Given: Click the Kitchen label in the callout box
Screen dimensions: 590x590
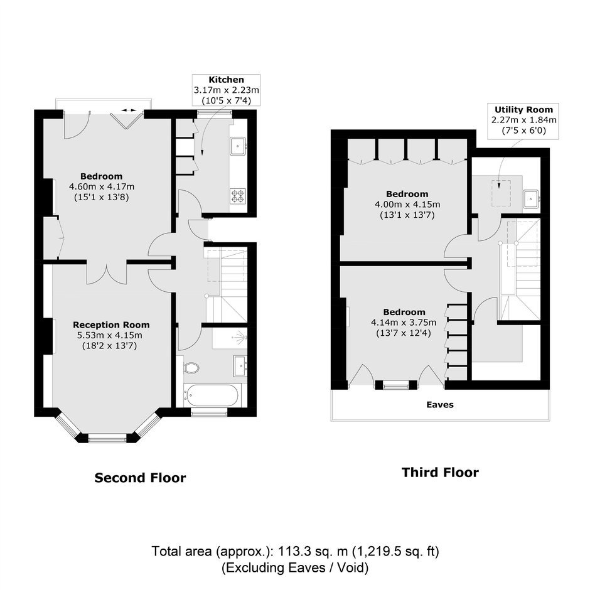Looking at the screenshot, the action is pyautogui.click(x=226, y=80).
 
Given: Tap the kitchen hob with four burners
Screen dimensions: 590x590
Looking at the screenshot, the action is pyautogui.click(x=238, y=196).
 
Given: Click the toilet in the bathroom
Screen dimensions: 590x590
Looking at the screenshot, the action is pyautogui.click(x=191, y=368).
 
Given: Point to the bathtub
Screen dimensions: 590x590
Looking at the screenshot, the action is pyautogui.click(x=212, y=395).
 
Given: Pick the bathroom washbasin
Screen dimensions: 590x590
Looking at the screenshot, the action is pyautogui.click(x=240, y=366).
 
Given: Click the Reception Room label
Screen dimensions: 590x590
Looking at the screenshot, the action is pyautogui.click(x=111, y=324).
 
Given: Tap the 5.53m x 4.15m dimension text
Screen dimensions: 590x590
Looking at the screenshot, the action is pyautogui.click(x=109, y=335).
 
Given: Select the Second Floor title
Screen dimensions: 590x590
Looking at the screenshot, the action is pyautogui.click(x=140, y=478).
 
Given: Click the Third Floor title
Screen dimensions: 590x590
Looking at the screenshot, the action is pyautogui.click(x=440, y=472).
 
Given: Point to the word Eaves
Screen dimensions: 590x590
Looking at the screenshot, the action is pyautogui.click(x=440, y=404).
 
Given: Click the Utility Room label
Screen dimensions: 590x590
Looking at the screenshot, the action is pyautogui.click(x=523, y=109).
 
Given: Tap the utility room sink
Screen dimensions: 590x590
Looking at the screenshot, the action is pyautogui.click(x=531, y=199).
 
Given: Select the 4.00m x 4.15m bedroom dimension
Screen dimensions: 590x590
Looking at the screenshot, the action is pyautogui.click(x=407, y=205).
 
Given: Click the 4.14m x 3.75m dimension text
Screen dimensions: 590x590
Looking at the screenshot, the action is pyautogui.click(x=404, y=323).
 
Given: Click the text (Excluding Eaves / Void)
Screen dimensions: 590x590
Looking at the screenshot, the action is pyautogui.click(x=295, y=567).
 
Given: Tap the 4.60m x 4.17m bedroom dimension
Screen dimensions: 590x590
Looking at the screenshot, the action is pyautogui.click(x=102, y=186).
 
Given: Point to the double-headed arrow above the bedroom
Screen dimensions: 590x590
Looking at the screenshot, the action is pyautogui.click(x=129, y=110).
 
